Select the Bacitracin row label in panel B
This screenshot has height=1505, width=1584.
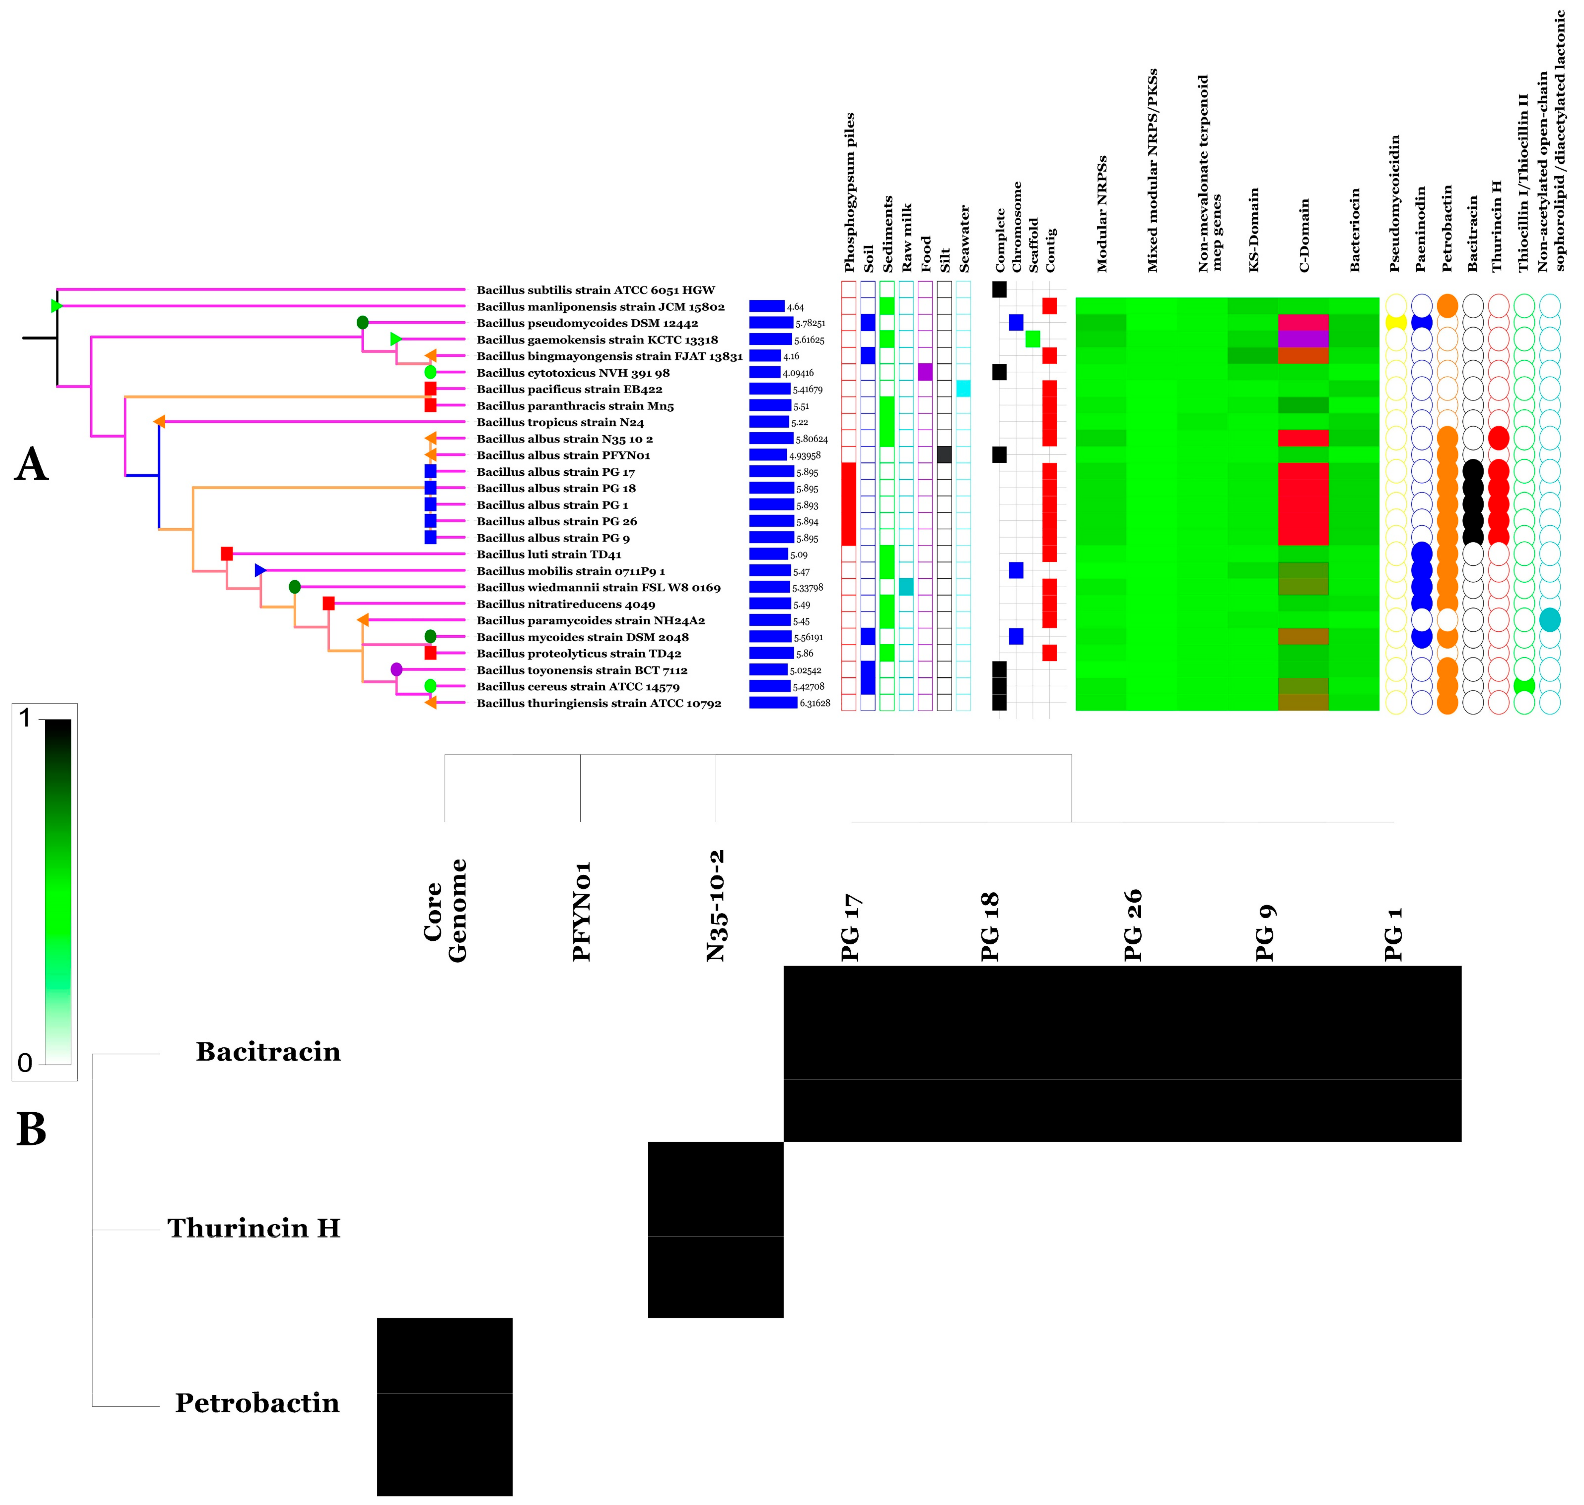point(268,1052)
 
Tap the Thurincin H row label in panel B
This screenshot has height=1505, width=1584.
point(253,1228)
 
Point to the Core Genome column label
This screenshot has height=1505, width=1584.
point(445,911)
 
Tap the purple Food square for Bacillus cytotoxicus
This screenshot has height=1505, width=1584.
point(924,372)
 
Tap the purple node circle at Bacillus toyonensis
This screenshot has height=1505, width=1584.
point(396,669)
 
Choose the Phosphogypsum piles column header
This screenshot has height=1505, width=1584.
point(850,192)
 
